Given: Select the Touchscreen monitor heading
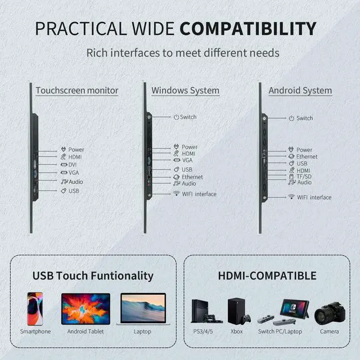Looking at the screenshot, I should pyautogui.click(x=77, y=90).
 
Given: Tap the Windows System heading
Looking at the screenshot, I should pyautogui.click(x=186, y=90).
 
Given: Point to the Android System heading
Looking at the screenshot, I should pyautogui.click(x=300, y=90).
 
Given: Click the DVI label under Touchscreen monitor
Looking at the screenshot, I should pyautogui.click(x=73, y=164).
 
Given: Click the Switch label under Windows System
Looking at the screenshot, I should pyautogui.click(x=188, y=117).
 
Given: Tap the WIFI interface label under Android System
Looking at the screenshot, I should pyautogui.click(x=314, y=197).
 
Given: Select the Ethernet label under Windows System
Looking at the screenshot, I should pyautogui.click(x=192, y=177).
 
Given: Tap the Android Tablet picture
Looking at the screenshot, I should pyautogui.click(x=85, y=308).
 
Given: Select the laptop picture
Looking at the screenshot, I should pyautogui.click(x=143, y=309).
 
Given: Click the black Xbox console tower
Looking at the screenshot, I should pyautogui.click(x=236, y=310).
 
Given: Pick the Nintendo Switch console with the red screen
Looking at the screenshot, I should pyautogui.click(x=294, y=308).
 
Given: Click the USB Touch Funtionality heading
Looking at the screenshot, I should pyautogui.click(x=93, y=276).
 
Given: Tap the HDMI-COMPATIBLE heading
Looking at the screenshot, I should pyautogui.click(x=267, y=276).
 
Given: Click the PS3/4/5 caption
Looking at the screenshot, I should pyautogui.click(x=204, y=331).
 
